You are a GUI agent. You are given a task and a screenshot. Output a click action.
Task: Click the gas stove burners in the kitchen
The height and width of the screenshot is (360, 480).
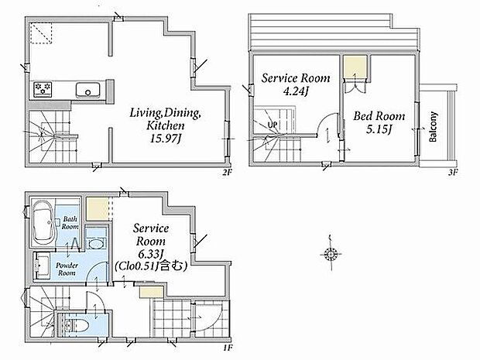tap(43, 89)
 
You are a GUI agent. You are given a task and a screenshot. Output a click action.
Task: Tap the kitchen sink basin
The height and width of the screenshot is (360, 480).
tap(87, 90)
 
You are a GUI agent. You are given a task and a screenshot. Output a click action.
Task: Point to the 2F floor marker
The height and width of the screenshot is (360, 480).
tap(227, 173)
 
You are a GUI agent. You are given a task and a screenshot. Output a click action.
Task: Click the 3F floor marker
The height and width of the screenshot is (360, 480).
tap(453, 173)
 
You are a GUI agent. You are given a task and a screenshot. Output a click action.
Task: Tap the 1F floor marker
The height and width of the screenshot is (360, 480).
tap(228, 348)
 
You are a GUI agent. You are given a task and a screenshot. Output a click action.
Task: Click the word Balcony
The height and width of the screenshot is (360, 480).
tap(433, 127)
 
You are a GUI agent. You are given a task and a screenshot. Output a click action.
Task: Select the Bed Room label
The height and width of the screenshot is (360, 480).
tap(379, 116)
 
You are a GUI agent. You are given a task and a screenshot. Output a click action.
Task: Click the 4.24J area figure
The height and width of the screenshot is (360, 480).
tap(296, 91)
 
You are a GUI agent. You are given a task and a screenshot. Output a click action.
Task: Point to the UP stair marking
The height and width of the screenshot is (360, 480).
tap(273, 125)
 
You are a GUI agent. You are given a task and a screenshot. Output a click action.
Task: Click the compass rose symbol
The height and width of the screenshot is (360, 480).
tap(331, 253)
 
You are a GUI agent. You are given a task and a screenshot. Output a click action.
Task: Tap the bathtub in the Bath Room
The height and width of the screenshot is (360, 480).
tap(43, 223)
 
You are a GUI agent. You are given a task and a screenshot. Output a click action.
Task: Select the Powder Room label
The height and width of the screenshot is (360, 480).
tap(67, 269)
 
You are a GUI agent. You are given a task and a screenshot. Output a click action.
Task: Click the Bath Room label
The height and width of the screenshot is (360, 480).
tap(70, 223)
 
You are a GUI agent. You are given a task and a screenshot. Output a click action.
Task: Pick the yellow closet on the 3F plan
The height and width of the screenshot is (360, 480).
tap(355, 67)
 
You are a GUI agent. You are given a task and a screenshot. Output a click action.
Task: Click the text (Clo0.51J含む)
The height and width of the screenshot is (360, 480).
tap(151, 266)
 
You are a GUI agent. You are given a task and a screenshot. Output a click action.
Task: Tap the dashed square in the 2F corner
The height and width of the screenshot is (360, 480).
tap(41, 33)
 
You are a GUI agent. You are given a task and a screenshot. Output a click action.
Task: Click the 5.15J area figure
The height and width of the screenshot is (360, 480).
tap(379, 129)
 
